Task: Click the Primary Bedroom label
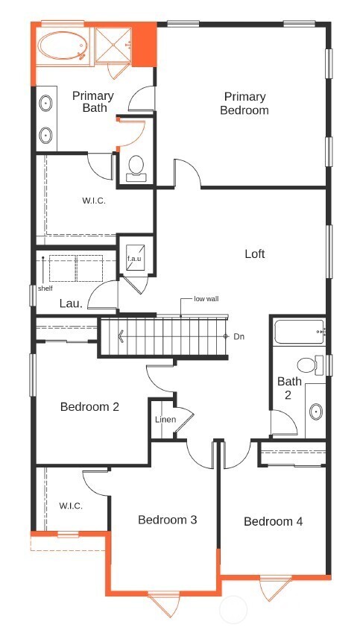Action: pos(245,103)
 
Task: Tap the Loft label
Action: pos(255,254)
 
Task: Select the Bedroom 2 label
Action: pos(89,407)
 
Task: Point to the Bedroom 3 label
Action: pos(167,520)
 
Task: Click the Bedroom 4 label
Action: pos(273,521)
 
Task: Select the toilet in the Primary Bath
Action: pos(136,168)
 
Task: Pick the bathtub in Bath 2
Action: pos(298,330)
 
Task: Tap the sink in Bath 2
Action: pos(316,411)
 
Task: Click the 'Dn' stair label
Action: pos(239,336)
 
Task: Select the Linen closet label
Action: pos(165,420)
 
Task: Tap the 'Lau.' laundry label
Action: pos(71,303)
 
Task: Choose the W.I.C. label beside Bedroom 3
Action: pos(71,506)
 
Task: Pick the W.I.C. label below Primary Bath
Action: pos(94,201)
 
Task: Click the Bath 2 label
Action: pos(290,388)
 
